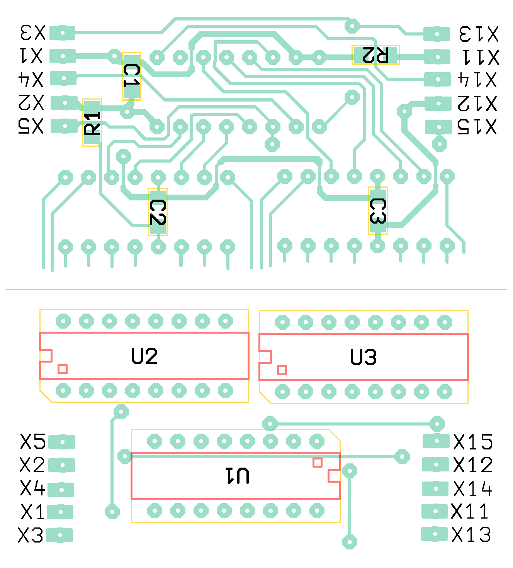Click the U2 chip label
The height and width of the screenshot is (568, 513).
[x=144, y=356]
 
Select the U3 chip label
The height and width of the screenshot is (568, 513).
[x=364, y=357]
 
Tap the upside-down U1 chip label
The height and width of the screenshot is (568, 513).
[x=238, y=476]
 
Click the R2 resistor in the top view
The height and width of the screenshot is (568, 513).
[x=375, y=55]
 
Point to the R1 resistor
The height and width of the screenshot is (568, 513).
[x=92, y=123]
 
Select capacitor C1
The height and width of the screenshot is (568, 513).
[x=131, y=76]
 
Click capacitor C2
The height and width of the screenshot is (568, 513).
[x=158, y=212]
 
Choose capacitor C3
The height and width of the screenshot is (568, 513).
[x=378, y=211]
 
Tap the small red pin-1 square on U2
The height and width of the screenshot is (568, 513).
[x=63, y=369]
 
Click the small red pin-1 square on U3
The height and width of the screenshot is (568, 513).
[x=282, y=370]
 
